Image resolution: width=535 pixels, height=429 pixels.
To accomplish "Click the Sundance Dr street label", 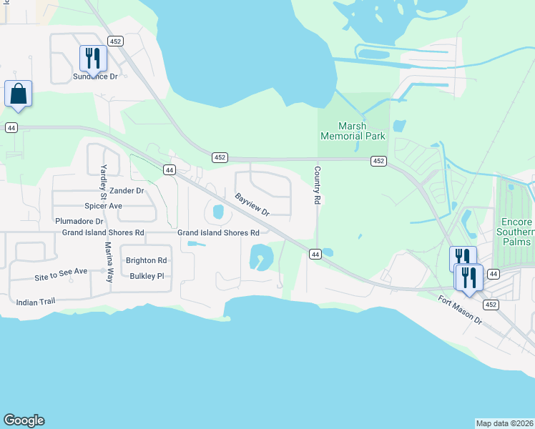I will coord(95,76).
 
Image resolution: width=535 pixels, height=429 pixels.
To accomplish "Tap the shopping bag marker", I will coord(18,94).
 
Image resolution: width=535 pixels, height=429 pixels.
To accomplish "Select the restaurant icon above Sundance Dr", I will coord(93,56).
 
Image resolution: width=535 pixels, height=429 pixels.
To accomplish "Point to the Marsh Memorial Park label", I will coord(353,131).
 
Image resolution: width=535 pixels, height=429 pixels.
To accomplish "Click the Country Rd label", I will coord(316,186).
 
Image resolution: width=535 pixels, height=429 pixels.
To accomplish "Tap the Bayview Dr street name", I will coord(252,203).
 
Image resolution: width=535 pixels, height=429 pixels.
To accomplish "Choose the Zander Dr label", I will coord(127,191).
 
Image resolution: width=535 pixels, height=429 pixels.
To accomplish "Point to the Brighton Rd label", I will coord(146,260).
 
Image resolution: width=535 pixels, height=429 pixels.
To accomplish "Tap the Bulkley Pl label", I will coord(147,275).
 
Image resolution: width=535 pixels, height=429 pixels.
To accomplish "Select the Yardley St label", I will coord(102,181).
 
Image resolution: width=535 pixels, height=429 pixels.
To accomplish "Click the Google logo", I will coord(24,420).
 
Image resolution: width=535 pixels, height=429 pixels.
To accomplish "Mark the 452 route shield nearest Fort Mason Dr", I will coord(490,305).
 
